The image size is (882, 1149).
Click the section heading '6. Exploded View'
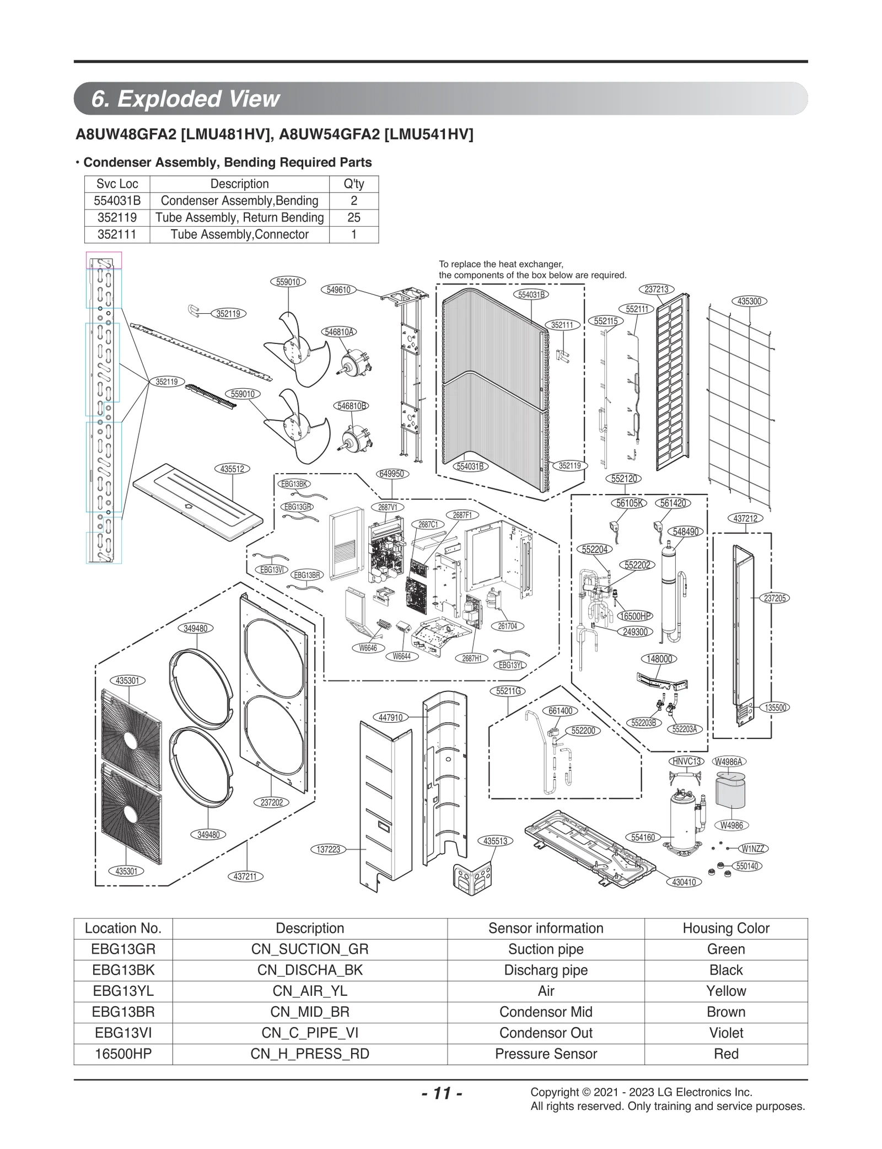[186, 99]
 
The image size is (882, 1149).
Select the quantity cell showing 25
[353, 217]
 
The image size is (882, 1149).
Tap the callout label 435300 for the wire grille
[749, 301]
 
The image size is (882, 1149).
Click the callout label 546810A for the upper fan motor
[338, 331]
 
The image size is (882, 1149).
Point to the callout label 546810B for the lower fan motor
[351, 406]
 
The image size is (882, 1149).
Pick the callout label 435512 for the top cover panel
[232, 469]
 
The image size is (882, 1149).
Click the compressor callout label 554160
[643, 837]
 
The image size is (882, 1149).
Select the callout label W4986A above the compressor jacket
[729, 761]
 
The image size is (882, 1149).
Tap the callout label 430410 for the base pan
[684, 882]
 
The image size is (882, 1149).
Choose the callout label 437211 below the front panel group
[245, 877]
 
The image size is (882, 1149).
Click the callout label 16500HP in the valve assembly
[635, 616]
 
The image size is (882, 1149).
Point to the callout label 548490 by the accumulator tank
[686, 531]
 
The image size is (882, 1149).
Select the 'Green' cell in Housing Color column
[725, 949]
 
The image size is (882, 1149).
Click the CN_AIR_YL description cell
[310, 991]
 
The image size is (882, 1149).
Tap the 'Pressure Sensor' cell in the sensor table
[545, 1054]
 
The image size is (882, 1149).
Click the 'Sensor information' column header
[545, 928]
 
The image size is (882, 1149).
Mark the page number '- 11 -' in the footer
[441, 1093]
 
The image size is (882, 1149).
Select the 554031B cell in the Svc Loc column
[117, 201]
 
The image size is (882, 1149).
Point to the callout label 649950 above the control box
[392, 474]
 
